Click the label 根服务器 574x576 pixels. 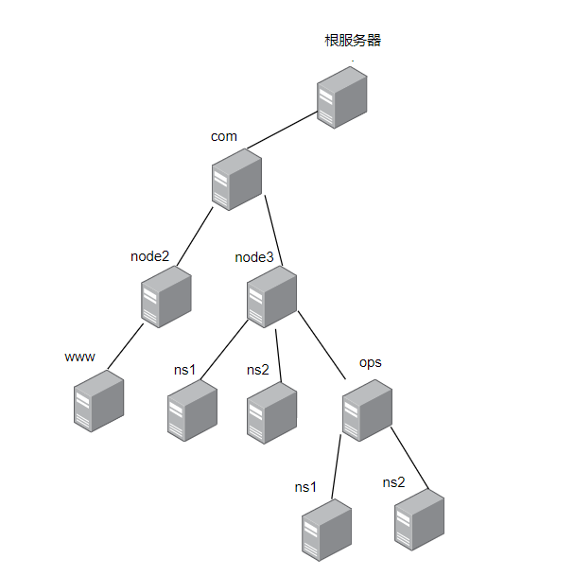[353, 41]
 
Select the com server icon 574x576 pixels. [236, 179]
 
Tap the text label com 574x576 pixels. [224, 136]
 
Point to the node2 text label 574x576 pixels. [150, 255]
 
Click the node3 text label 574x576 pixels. [254, 255]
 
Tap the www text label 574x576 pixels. [79, 357]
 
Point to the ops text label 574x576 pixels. [371, 363]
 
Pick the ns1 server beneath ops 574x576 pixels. [326, 534]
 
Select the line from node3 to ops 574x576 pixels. [322, 344]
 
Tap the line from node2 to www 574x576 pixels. [126, 347]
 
